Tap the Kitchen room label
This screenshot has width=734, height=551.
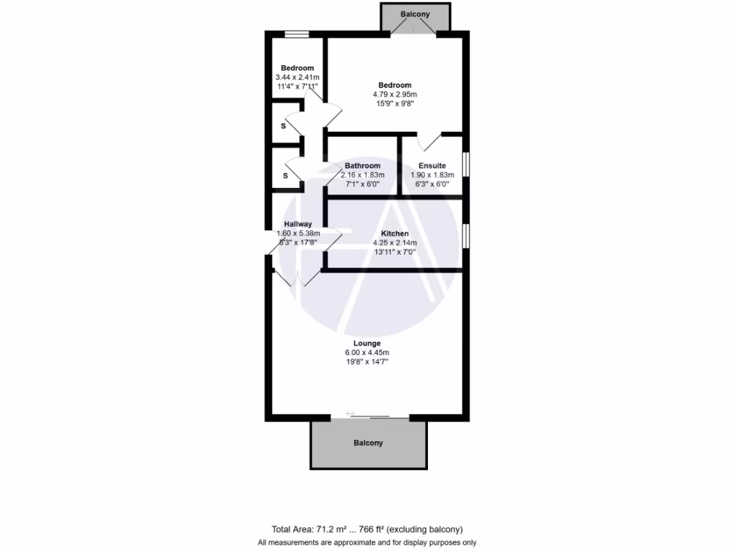(394, 234)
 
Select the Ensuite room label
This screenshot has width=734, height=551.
(432, 166)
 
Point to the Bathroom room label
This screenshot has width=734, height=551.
(363, 166)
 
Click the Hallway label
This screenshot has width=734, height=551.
(298, 224)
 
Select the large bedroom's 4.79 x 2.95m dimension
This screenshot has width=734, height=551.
(394, 94)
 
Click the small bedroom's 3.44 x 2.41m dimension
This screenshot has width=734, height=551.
(297, 77)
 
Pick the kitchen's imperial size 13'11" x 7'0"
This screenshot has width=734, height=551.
(394, 252)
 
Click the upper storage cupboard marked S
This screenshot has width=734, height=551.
(284, 126)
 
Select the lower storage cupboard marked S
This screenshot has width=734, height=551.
(285, 175)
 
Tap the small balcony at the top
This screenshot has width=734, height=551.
(415, 14)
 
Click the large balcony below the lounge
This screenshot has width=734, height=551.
(368, 443)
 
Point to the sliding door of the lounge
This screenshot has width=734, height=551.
(371, 416)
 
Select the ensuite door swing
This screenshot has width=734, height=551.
(430, 141)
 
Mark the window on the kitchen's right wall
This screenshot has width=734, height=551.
(466, 235)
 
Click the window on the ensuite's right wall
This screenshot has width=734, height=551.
(466, 164)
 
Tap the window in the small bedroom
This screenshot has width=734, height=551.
(296, 34)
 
